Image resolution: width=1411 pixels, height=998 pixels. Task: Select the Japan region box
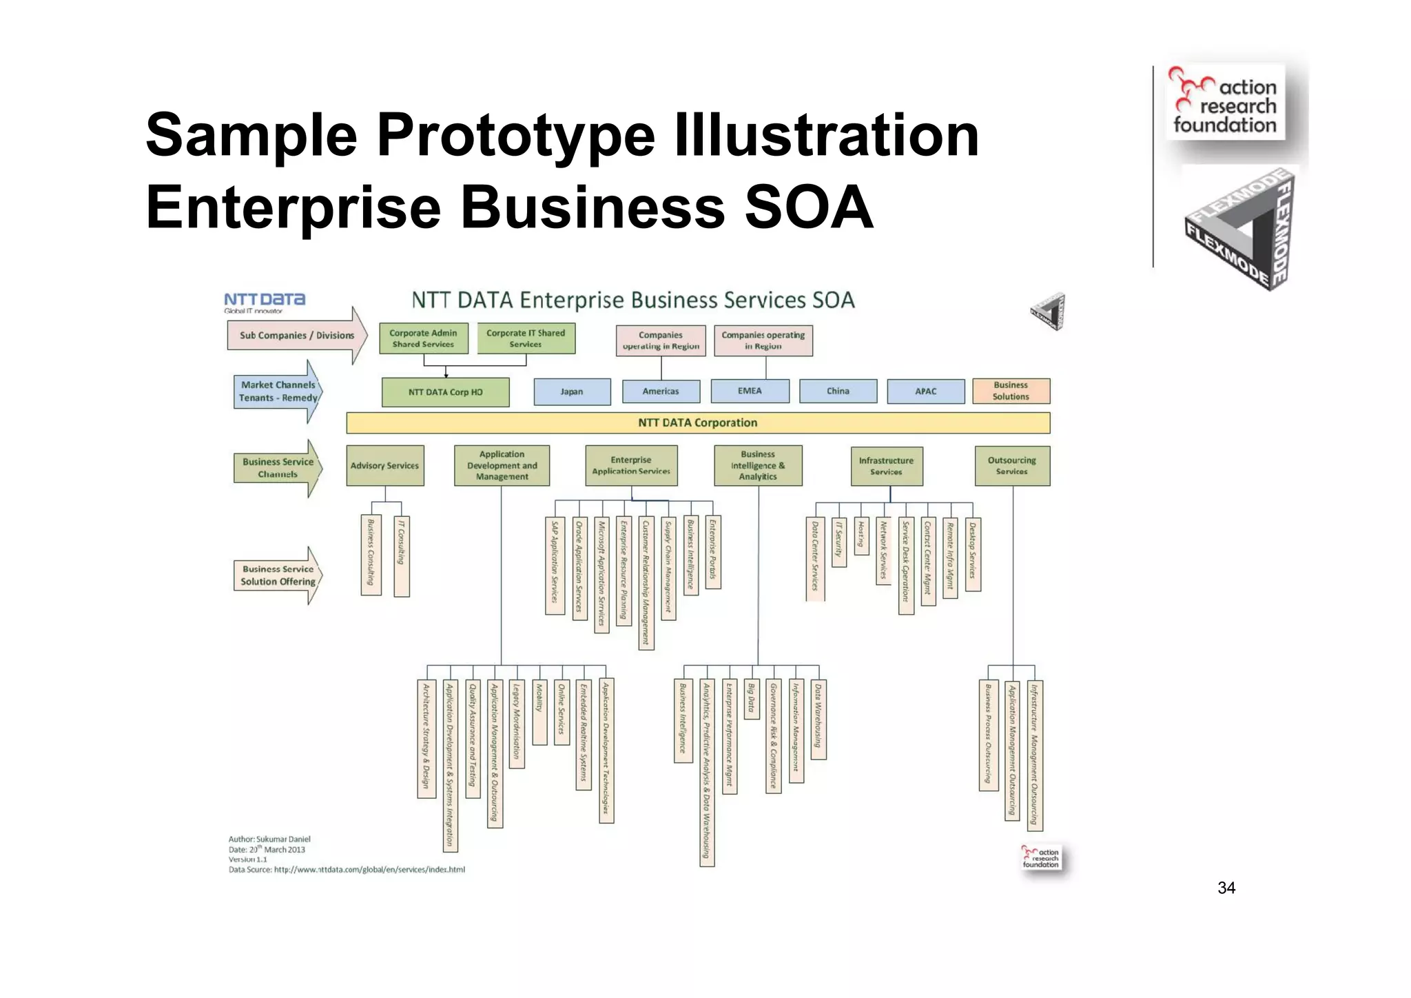click(572, 391)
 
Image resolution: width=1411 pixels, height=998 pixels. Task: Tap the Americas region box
click(661, 391)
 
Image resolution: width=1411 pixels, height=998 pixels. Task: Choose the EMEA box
click(750, 391)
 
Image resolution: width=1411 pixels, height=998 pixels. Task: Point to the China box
click(838, 391)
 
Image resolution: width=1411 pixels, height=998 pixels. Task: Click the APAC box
click(925, 391)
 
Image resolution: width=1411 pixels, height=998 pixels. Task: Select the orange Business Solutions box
click(1011, 391)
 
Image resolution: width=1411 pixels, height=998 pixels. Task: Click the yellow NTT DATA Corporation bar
click(697, 422)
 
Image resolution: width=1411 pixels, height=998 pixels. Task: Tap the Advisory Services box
click(384, 466)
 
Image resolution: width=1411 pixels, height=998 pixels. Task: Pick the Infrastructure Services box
click(886, 466)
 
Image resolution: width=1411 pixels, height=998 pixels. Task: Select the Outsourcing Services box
click(1011, 466)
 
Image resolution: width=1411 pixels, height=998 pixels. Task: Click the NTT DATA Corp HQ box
click(445, 392)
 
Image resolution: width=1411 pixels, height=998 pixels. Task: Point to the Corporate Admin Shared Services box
click(423, 338)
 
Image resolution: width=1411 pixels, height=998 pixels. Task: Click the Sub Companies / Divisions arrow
click(297, 336)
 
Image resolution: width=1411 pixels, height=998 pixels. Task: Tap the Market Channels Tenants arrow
click(278, 391)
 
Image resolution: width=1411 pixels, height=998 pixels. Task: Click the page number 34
click(1226, 888)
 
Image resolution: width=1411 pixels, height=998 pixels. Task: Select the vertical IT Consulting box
click(402, 556)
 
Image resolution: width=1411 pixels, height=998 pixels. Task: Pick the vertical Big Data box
click(752, 698)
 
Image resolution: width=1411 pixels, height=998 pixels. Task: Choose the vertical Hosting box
click(861, 536)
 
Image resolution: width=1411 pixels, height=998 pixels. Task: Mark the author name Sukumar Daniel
click(283, 839)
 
